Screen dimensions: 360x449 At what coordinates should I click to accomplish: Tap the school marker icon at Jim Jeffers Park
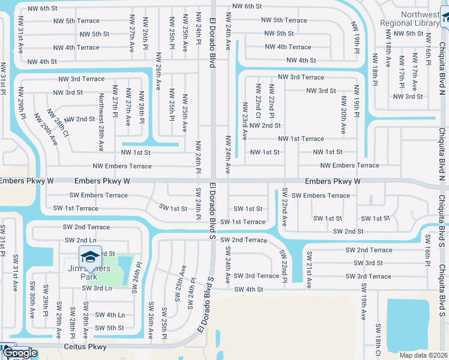click(90, 257)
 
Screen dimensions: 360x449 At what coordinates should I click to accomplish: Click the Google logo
click(20, 353)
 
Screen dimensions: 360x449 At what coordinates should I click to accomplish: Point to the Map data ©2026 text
click(423, 355)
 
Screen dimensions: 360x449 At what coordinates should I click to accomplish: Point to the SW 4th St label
click(249, 289)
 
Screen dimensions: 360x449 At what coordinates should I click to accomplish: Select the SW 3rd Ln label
click(98, 288)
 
